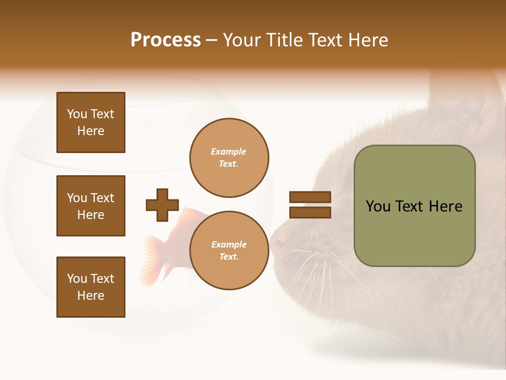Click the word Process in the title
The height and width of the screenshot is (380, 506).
pyautogui.click(x=166, y=40)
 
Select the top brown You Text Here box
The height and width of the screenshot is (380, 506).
pyautogui.click(x=91, y=122)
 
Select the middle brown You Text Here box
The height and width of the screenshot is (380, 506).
pyautogui.click(x=91, y=206)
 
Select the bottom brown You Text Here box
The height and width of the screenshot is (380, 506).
pyautogui.click(x=91, y=287)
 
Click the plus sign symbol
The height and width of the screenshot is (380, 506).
pyautogui.click(x=162, y=205)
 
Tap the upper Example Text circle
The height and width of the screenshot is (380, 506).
pyautogui.click(x=229, y=158)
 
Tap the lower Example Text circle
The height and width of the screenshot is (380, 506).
pyautogui.click(x=229, y=251)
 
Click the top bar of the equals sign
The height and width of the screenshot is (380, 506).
pyautogui.click(x=310, y=197)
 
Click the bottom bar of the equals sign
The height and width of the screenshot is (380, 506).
pyautogui.click(x=310, y=212)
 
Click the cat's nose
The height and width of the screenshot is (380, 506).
pyautogui.click(x=277, y=244)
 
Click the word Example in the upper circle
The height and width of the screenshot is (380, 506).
pyautogui.click(x=228, y=151)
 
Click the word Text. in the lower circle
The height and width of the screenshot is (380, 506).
pyautogui.click(x=229, y=257)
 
